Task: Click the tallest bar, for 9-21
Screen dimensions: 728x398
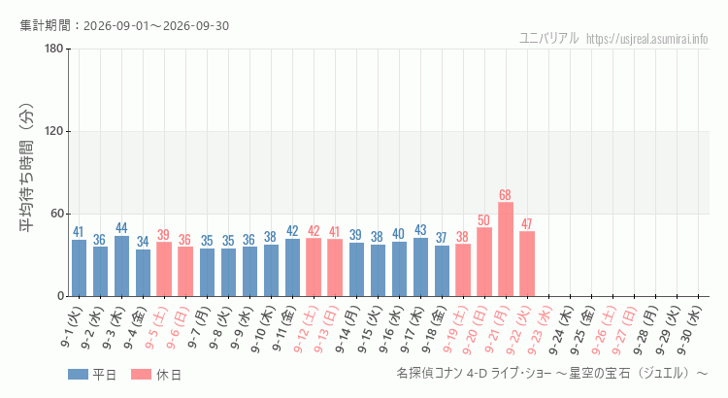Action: point(506,249)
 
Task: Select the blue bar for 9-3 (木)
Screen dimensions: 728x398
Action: point(121,266)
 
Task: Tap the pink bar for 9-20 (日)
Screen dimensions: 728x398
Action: point(484,262)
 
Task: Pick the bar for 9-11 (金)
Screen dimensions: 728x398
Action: point(292,268)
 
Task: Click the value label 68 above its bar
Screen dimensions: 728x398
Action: point(505,195)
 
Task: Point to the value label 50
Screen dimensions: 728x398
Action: point(483,220)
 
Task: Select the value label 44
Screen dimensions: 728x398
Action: point(121,228)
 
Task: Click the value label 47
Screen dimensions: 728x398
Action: point(526,224)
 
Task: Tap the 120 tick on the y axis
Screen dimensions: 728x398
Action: point(54,131)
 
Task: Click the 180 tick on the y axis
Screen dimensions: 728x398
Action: point(54,49)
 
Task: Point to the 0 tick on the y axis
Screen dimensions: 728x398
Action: point(61,296)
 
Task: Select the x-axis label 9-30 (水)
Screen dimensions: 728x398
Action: point(688,330)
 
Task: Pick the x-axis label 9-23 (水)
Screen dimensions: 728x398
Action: point(539,330)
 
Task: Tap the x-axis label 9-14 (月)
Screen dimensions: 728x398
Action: point(347,330)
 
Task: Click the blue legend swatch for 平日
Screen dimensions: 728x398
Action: point(78,375)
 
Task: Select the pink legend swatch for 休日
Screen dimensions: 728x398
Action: point(141,375)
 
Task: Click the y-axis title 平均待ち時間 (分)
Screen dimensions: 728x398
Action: point(26,168)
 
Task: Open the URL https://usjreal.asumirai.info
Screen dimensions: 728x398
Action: point(646,39)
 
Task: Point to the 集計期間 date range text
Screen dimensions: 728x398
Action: point(124,25)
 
